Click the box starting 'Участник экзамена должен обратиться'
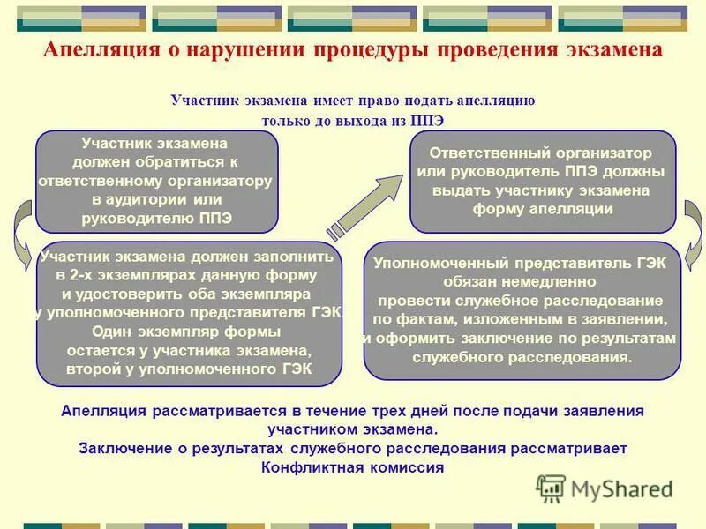pos(155,180)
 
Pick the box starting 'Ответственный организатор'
pos(542,182)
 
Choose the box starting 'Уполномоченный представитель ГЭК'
pos(522,310)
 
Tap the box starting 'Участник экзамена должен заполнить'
pos(188,313)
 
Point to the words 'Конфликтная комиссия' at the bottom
pos(352,467)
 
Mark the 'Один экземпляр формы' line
pos(187,332)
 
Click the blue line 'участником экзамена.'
pos(352,429)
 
